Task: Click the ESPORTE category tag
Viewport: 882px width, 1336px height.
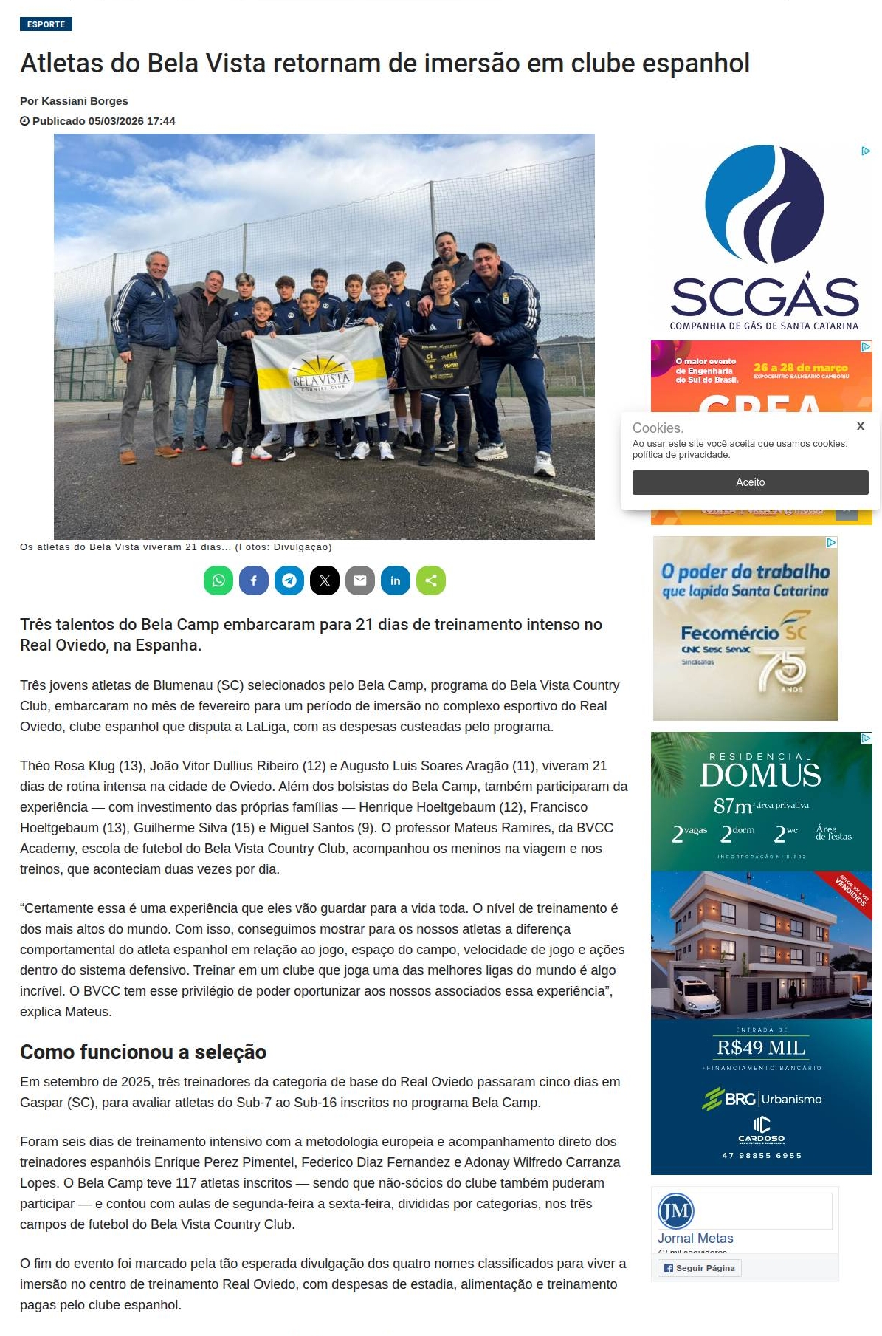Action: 46,24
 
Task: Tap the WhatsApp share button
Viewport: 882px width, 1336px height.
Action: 218,580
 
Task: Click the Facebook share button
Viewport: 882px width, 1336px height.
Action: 254,580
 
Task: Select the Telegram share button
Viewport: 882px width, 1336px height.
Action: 289,580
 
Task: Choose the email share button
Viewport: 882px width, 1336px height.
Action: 360,580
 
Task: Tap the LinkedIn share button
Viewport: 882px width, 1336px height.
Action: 396,580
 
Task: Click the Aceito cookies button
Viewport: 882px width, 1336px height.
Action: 750,482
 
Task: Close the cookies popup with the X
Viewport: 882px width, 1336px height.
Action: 860,426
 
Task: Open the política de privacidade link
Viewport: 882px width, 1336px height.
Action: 681,455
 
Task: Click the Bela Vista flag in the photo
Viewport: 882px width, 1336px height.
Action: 320,374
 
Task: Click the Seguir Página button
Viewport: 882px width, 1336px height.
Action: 699,1268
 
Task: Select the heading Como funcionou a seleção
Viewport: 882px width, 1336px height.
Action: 143,1052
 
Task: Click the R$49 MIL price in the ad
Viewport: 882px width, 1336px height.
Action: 761,1047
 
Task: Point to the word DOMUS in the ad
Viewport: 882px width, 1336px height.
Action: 760,775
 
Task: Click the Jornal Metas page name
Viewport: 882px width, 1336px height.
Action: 695,1239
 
